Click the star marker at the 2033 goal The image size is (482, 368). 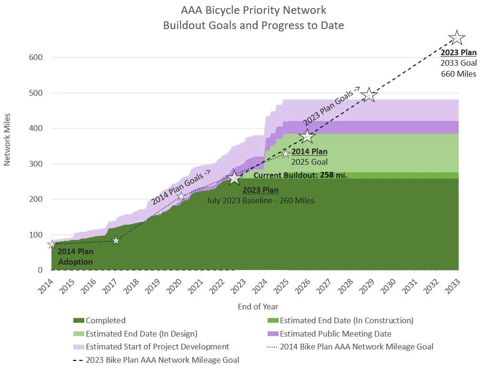click(x=457, y=37)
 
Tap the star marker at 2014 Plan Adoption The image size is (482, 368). click(x=52, y=244)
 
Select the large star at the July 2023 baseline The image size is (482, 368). click(x=234, y=179)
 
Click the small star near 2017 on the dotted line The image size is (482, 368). click(x=116, y=240)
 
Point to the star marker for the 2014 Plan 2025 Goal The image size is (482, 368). click(x=286, y=153)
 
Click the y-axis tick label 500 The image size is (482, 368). click(x=37, y=93)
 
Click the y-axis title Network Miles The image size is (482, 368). click(x=7, y=140)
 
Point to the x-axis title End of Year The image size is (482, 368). click(x=258, y=307)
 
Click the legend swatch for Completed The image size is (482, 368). click(x=79, y=321)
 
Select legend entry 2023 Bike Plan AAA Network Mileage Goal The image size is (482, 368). click(x=162, y=360)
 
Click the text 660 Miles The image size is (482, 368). click(x=458, y=74)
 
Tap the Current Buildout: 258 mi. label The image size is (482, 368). click(x=300, y=175)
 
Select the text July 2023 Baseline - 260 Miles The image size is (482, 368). click(x=260, y=200)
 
